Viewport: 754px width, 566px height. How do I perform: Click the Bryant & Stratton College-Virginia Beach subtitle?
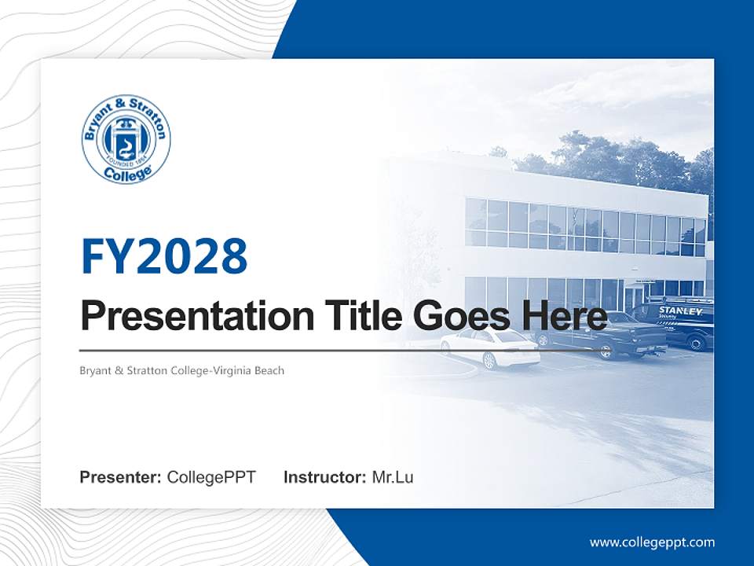coord(181,370)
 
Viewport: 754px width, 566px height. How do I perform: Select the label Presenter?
coord(121,477)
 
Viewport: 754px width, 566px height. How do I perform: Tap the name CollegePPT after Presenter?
coord(211,477)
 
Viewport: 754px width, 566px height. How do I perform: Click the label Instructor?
coord(324,477)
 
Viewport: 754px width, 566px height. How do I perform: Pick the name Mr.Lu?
coord(393,477)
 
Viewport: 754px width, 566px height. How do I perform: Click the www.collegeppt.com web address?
coord(652,542)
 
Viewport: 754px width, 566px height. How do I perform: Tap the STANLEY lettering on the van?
coord(680,311)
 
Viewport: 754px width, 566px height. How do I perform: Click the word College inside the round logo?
coord(126,175)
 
